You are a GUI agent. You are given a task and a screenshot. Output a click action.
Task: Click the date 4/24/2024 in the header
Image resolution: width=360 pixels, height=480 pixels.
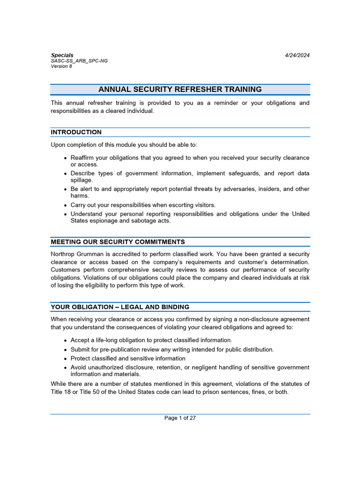(297, 55)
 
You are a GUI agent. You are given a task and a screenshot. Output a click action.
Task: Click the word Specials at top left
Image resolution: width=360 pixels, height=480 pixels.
(62, 55)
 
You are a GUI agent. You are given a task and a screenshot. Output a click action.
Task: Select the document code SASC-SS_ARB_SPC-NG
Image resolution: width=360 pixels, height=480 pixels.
(79, 61)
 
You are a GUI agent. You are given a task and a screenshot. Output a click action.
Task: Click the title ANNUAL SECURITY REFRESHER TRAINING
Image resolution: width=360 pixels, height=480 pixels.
(180, 90)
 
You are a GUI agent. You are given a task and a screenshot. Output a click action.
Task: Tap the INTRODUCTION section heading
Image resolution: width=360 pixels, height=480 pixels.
(76, 132)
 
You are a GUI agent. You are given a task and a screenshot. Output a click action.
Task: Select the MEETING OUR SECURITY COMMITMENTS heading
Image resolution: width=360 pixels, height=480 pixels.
(118, 242)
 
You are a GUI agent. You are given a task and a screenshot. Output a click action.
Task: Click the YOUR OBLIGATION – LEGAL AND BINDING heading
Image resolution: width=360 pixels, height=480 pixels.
(120, 307)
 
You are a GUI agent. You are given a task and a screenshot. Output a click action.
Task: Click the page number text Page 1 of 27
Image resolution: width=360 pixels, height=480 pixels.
(180, 418)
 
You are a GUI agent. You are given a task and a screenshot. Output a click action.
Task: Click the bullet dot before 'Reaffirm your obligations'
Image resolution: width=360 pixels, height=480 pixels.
(65, 158)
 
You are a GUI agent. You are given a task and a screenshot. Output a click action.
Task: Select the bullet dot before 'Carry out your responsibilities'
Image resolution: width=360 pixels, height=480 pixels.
(65, 205)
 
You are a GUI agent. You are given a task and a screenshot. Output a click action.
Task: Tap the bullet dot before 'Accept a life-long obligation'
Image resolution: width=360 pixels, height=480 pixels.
(65, 341)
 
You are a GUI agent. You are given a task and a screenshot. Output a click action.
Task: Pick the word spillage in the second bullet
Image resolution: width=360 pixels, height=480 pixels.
(82, 180)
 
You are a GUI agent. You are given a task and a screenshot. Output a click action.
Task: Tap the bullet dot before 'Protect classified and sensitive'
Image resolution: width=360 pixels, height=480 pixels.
(65, 359)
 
